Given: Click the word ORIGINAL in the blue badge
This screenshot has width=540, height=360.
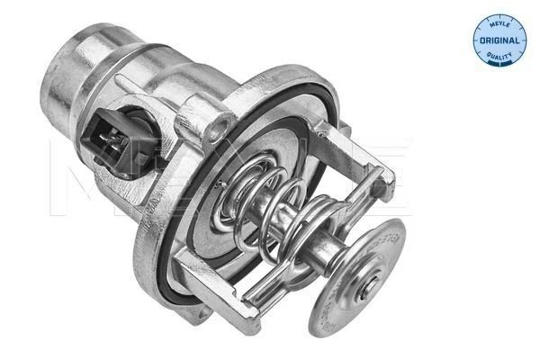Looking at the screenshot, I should (x=499, y=41).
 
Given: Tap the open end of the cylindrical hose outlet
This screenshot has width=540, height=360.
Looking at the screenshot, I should (x=81, y=54).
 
